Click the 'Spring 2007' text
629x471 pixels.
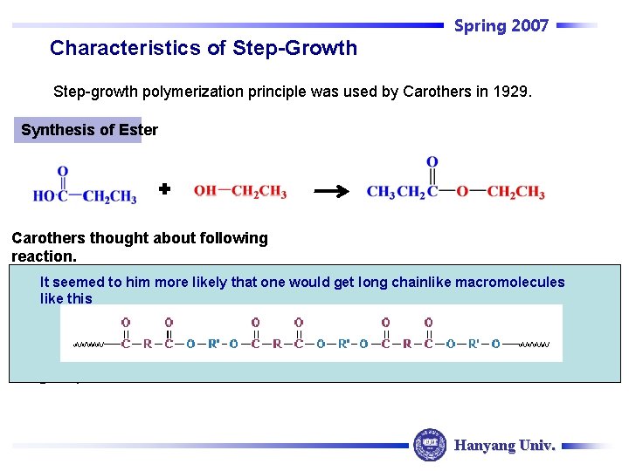point(501,26)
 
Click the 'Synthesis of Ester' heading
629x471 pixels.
point(89,130)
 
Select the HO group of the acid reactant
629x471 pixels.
point(45,196)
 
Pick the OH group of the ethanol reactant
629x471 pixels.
point(205,192)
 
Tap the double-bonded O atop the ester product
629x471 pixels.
point(432,163)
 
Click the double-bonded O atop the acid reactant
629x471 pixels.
point(63,172)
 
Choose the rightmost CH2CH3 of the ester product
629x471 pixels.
point(516,193)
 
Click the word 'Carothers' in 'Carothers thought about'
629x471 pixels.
point(47,238)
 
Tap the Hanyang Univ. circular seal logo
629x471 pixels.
point(429,445)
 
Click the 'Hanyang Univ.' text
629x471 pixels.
point(504,446)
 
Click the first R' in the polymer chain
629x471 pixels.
point(216,344)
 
